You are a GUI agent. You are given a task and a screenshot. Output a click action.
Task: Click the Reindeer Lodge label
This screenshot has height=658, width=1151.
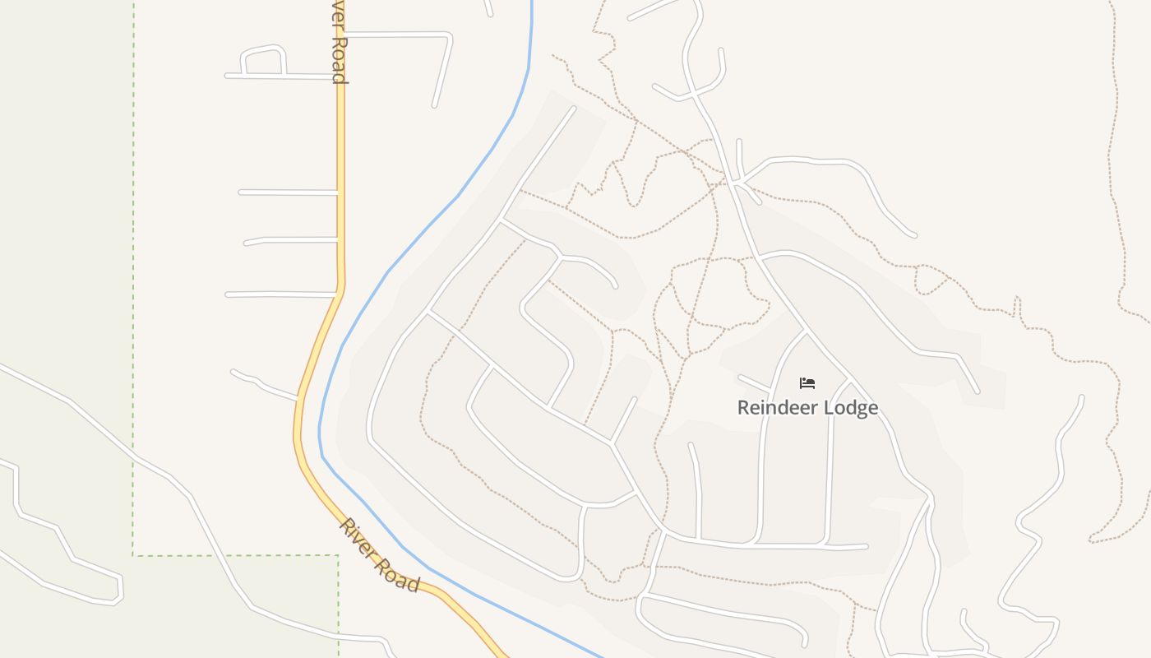[807, 408]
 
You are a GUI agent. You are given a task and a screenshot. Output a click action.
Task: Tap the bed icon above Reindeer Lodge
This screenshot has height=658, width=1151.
[807, 383]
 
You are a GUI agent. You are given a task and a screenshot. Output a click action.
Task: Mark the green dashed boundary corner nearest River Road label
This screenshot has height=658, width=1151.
[338, 555]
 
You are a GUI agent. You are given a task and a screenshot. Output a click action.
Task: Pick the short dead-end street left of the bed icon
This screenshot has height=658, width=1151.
[753, 382]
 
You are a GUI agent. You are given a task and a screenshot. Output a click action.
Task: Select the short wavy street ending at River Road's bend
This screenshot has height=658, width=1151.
[263, 385]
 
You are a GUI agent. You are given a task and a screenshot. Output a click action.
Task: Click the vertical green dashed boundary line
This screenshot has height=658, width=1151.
[133, 288]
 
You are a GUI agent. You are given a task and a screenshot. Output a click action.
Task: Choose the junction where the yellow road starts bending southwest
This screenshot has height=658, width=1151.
[340, 288]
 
